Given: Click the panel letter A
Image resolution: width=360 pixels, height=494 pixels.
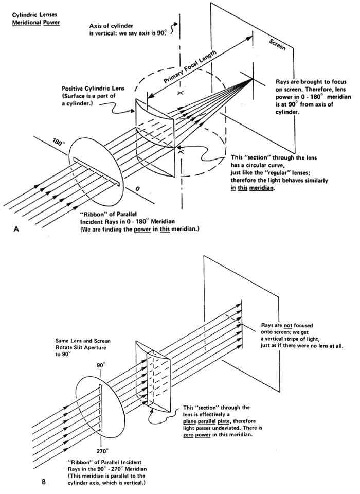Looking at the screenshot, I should (16, 232).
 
